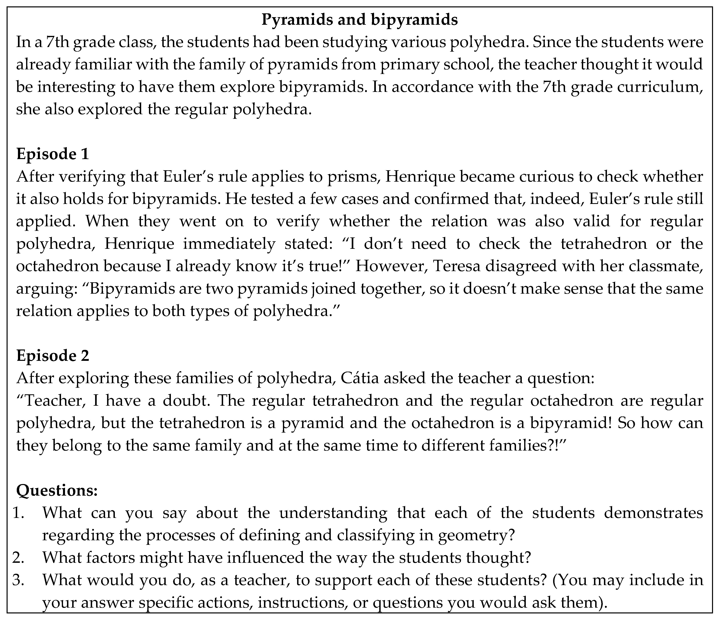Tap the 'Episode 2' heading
tap(53, 356)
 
